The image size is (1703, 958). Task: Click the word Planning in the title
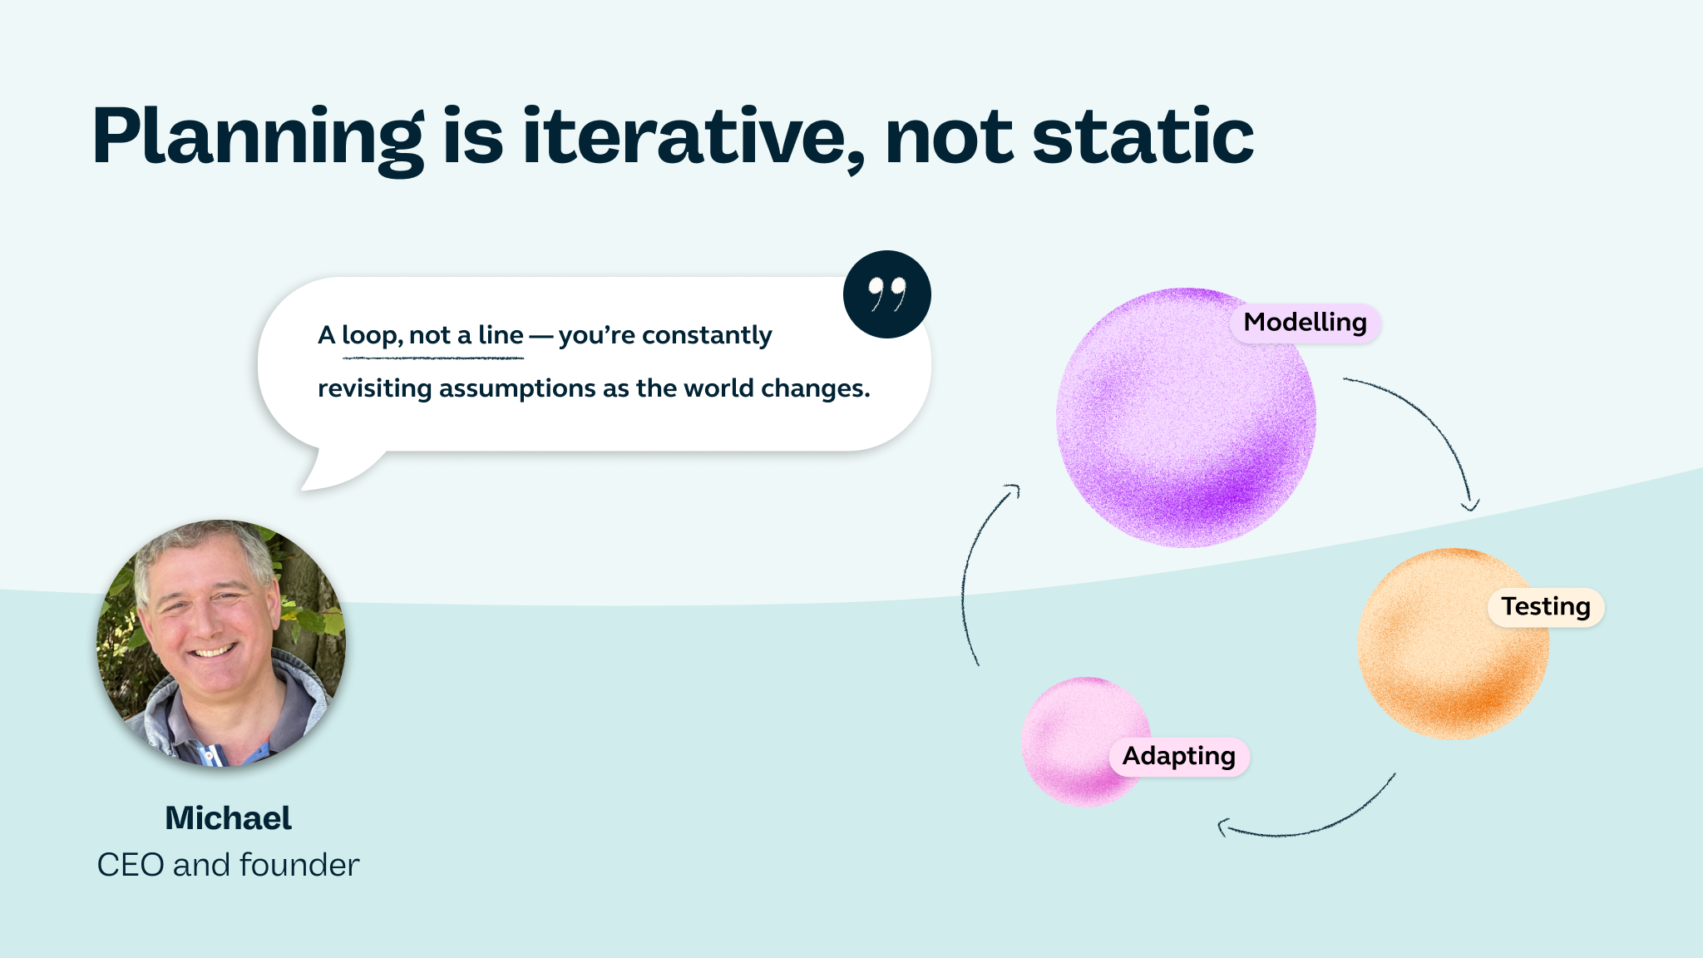coord(258,137)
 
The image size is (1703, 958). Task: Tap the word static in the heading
coord(1143,137)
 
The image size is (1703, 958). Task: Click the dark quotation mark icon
coord(886,294)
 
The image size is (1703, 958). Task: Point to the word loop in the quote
coord(371,335)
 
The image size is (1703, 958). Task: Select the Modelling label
coord(1305,323)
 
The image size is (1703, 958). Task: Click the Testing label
coord(1545,607)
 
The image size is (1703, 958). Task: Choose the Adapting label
coord(1178,757)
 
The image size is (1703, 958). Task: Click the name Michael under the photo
coord(228,818)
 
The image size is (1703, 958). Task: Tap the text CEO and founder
coord(228,866)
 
